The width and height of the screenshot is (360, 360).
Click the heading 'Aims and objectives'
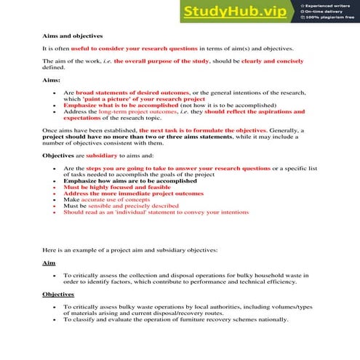tap(73, 36)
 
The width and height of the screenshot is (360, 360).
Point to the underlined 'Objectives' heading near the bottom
tap(58, 294)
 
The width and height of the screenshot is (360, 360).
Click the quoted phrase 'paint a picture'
tap(107, 99)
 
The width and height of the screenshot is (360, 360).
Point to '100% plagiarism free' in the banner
tap(332, 19)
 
